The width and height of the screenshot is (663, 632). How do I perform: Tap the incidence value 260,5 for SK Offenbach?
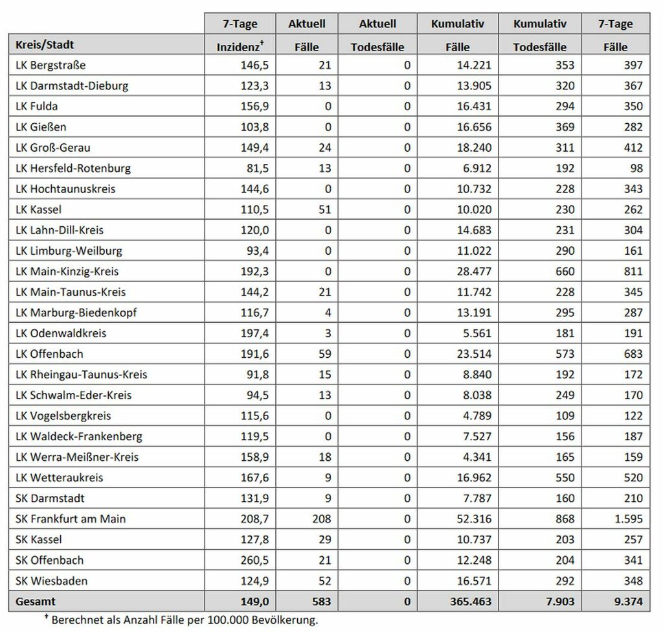(254, 560)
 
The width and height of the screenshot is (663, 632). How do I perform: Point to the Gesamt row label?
(36, 602)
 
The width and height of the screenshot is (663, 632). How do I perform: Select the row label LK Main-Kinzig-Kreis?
(67, 271)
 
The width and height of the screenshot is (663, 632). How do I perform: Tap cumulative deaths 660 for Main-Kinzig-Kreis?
(565, 271)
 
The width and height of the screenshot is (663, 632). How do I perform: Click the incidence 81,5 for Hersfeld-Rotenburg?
(257, 168)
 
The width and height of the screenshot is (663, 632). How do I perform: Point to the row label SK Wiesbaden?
(51, 580)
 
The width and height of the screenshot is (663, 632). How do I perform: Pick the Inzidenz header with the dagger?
(240, 47)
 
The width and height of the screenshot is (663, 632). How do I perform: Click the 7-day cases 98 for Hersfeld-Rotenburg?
(635, 168)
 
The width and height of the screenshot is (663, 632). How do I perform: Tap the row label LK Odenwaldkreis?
(61, 333)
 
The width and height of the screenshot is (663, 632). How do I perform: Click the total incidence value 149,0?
(254, 602)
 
